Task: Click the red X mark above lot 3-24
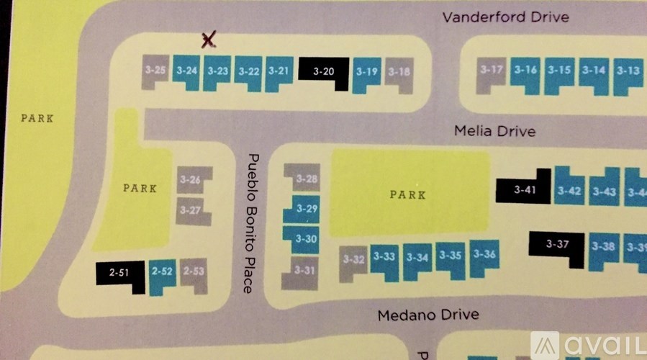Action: pos(209,40)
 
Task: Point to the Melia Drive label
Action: pos(494,131)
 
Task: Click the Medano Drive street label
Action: pos(427,315)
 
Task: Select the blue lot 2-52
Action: pos(163,272)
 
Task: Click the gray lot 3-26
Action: pos(192,179)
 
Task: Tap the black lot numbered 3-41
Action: pos(525,189)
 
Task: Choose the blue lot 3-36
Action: pos(485,255)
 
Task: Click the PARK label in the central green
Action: pos(407,194)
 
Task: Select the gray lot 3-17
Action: pos(492,71)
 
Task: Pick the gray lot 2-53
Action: pos(194,272)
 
